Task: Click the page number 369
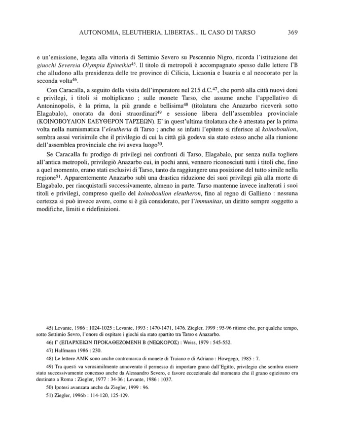coord(292,32)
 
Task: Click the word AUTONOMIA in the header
coord(103,32)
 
